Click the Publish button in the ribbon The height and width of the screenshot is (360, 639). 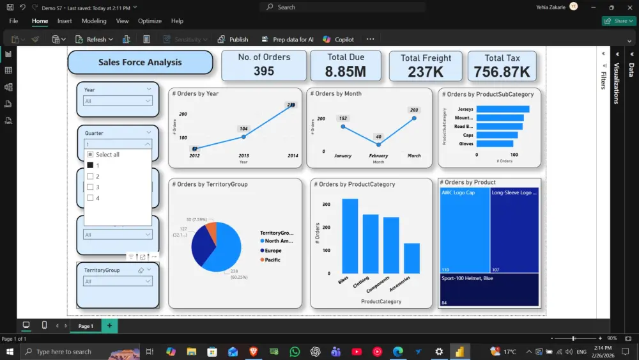(x=233, y=39)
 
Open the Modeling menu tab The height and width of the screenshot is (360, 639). (x=94, y=21)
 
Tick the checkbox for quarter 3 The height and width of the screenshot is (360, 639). (x=90, y=187)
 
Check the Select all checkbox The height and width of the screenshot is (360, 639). (x=90, y=155)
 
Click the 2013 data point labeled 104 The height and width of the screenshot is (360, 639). (x=243, y=136)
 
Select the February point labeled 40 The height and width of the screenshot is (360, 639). (x=378, y=145)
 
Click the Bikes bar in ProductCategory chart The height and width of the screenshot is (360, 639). (x=350, y=236)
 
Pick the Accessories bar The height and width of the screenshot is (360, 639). (x=412, y=258)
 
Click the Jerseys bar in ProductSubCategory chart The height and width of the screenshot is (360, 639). (x=503, y=109)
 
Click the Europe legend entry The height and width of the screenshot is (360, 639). (x=273, y=251)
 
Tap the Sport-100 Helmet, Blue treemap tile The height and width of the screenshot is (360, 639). (x=489, y=290)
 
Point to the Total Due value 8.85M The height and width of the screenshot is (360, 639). (x=346, y=72)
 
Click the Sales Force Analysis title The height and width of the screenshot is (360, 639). (x=140, y=63)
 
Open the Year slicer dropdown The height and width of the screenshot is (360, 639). (x=118, y=101)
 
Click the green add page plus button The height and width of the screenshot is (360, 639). (x=109, y=326)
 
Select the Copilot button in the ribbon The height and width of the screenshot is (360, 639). (x=339, y=39)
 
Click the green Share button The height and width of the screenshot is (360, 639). (x=618, y=21)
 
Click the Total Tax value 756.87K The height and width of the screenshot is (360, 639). (x=502, y=72)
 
